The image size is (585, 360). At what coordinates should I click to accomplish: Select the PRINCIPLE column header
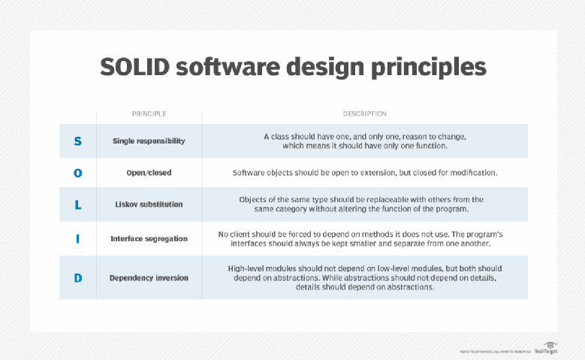[x=149, y=114]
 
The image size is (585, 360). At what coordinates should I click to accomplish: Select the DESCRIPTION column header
[x=364, y=114]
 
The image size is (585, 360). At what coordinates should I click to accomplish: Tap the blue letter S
[x=78, y=141]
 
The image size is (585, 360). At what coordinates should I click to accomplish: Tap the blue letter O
[x=78, y=173]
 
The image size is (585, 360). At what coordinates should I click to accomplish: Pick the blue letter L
[x=78, y=204]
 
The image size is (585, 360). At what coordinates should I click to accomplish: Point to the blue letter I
[x=78, y=239]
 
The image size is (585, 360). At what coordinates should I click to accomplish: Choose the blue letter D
[x=78, y=278]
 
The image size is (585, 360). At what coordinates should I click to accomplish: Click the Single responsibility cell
[x=149, y=141]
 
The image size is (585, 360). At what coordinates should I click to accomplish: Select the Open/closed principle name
[x=149, y=173]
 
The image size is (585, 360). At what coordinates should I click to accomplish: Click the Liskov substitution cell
[x=149, y=204]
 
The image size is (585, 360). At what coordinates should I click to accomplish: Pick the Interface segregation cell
[x=149, y=239]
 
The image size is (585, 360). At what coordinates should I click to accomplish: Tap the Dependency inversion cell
[x=149, y=278]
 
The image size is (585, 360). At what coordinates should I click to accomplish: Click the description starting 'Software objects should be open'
[x=364, y=173]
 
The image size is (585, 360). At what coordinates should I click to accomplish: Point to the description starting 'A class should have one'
[x=364, y=141]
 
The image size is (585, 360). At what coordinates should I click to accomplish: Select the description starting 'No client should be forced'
[x=364, y=239]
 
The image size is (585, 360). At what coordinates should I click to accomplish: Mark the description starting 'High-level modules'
[x=364, y=278]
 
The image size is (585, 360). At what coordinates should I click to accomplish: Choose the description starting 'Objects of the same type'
[x=364, y=204]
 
